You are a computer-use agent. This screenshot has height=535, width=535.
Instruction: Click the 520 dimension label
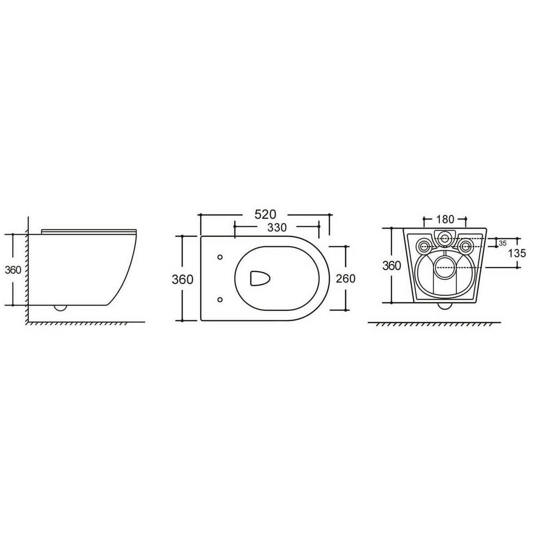coord(265,215)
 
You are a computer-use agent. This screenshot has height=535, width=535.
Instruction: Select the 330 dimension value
coord(277,227)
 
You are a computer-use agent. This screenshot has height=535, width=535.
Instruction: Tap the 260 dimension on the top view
coord(346,278)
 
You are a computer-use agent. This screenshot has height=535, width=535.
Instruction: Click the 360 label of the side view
coord(13,270)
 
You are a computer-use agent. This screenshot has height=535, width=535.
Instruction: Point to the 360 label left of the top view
coord(182,279)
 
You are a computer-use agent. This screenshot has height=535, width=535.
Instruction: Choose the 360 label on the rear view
coord(392,265)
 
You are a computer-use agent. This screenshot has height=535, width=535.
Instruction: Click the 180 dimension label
coord(445,219)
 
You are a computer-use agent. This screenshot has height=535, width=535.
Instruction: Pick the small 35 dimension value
coord(502,243)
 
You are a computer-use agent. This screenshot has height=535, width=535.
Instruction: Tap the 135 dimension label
coord(517,253)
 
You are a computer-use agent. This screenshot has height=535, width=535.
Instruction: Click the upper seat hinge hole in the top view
coord(220,257)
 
